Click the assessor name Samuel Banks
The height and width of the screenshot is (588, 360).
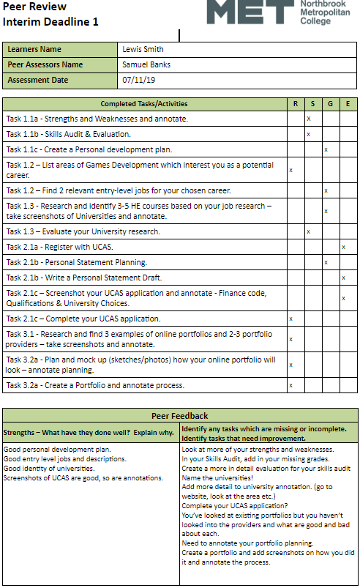pyautogui.click(x=147, y=64)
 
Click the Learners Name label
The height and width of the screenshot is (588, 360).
pyautogui.click(x=34, y=50)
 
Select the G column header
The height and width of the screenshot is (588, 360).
pyautogui.click(x=329, y=103)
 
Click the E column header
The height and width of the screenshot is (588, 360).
pyautogui.click(x=348, y=103)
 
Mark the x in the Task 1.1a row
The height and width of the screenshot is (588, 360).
pyautogui.click(x=310, y=118)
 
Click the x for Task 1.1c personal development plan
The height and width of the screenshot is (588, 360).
pyautogui.click(x=326, y=149)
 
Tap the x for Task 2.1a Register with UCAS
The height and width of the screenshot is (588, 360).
pyautogui.click(x=343, y=247)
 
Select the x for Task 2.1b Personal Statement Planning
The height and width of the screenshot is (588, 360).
pyautogui.click(x=326, y=262)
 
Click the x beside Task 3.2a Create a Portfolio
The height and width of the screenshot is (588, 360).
pyautogui.click(x=290, y=385)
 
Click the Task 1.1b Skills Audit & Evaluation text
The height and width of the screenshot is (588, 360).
pyautogui.click(x=69, y=134)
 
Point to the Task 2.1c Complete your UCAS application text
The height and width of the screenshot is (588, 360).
pyautogui.click(x=83, y=319)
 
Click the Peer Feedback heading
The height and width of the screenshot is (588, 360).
pyautogui.click(x=179, y=416)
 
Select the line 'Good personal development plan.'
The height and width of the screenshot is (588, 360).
pyautogui.click(x=58, y=449)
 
